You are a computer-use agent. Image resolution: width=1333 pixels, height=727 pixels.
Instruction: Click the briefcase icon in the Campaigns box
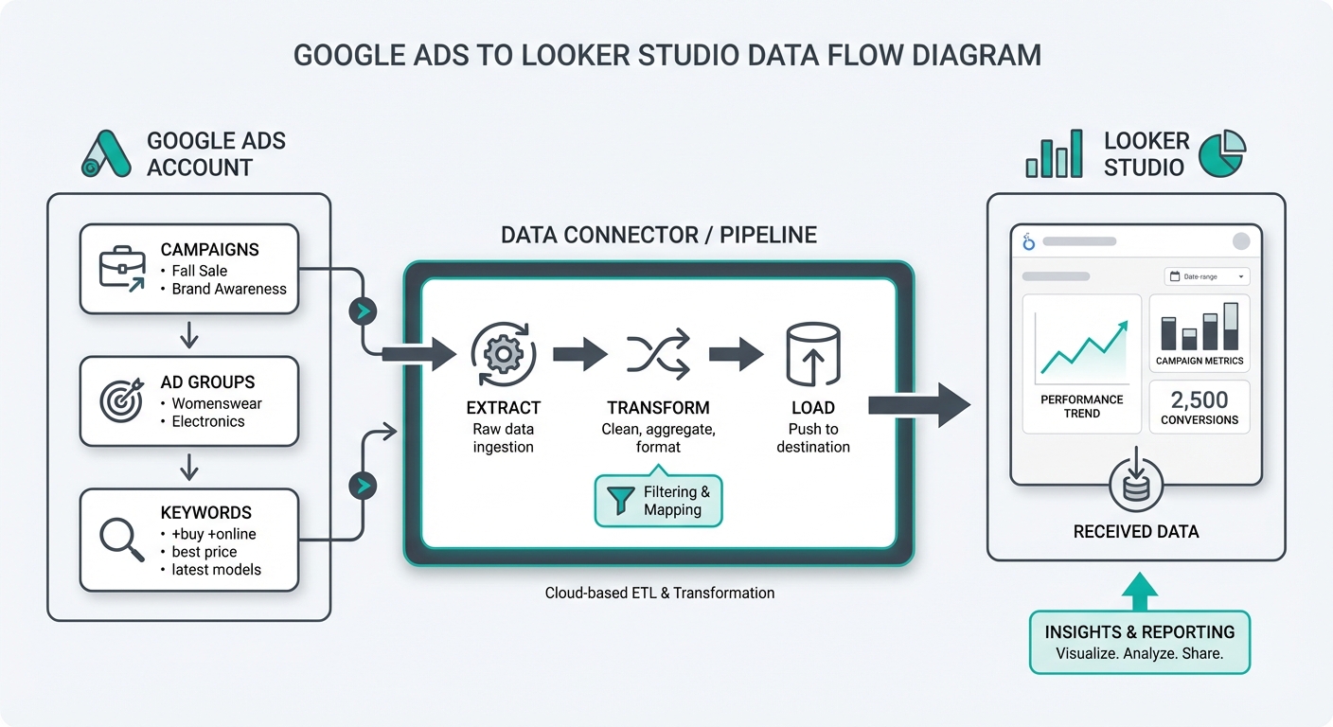(122, 269)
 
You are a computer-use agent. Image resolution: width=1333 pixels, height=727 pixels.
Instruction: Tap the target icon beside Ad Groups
(122, 400)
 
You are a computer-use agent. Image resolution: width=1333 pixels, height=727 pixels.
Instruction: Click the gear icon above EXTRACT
(503, 354)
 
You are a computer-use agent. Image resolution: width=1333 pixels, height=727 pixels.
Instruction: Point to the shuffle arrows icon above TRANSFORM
(657, 355)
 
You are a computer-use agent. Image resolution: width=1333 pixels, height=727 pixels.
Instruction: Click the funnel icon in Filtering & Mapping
(621, 501)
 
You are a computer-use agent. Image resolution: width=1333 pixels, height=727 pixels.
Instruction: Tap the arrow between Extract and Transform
(579, 355)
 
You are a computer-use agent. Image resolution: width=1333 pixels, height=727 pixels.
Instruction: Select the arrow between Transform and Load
(736, 355)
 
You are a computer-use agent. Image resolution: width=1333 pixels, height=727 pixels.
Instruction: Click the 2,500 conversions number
(1200, 399)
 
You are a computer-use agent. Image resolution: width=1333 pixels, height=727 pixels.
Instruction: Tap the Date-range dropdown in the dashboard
(1206, 276)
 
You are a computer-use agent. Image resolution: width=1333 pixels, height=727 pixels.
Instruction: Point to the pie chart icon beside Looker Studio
(1222, 154)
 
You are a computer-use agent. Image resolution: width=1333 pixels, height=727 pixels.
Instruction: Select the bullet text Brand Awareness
(229, 290)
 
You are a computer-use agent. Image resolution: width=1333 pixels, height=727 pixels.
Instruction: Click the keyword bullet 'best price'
(204, 552)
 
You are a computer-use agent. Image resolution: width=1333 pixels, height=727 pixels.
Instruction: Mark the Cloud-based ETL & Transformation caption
(659, 594)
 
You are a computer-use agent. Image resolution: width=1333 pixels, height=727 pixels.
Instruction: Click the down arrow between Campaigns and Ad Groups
(188, 334)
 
